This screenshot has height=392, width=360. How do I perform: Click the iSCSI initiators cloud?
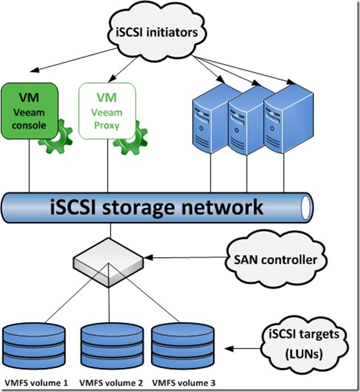(157, 32)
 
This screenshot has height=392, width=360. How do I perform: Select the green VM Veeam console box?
(30, 111)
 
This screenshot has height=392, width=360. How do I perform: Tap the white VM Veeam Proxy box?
(107, 111)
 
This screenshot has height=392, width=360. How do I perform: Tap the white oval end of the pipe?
(306, 207)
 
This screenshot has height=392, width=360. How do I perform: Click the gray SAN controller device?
(109, 262)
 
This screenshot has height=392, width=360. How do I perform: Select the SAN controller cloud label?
(276, 260)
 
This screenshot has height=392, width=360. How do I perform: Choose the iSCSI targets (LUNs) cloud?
(304, 344)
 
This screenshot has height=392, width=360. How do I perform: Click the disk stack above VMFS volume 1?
(34, 347)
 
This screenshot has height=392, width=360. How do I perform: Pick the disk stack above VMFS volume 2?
(112, 347)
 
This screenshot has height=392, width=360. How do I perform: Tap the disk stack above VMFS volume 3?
(183, 346)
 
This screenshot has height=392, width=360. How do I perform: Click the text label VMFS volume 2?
(111, 383)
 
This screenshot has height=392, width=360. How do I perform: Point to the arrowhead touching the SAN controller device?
(149, 257)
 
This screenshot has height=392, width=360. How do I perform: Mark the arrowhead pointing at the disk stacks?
(229, 349)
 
